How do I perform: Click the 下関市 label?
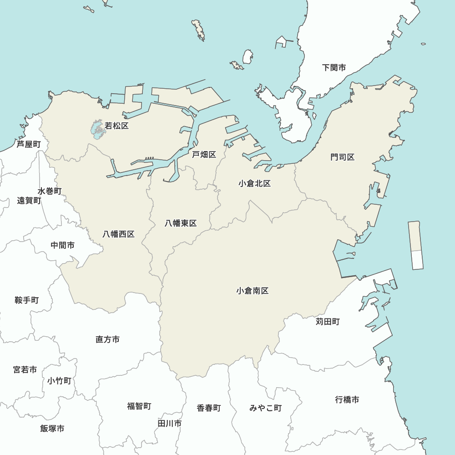(334, 68)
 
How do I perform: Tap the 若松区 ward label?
(117, 126)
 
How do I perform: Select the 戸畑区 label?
(204, 155)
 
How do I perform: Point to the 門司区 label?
(343, 157)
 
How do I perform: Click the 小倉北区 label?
(255, 183)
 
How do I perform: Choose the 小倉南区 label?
(253, 291)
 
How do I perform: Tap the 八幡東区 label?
(181, 223)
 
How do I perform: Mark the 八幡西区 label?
(118, 234)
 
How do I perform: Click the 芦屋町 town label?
(29, 144)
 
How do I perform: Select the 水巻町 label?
(50, 191)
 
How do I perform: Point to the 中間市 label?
(63, 245)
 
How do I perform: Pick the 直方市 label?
(108, 339)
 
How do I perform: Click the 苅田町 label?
(328, 322)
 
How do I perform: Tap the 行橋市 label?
(347, 399)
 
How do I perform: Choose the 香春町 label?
(209, 408)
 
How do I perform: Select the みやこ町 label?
(265, 408)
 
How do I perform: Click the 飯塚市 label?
(52, 428)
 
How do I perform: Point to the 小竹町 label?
(59, 381)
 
